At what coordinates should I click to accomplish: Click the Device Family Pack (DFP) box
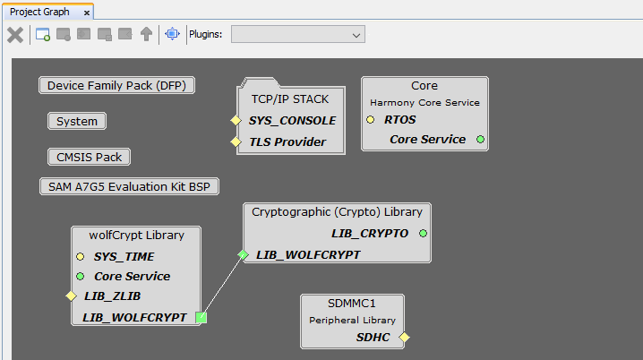click(x=117, y=85)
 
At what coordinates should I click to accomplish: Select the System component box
click(x=77, y=121)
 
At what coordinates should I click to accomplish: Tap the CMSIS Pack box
click(x=89, y=157)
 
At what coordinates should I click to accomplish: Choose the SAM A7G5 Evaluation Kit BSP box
click(x=129, y=186)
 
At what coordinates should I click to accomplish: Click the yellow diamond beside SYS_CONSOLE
click(x=236, y=121)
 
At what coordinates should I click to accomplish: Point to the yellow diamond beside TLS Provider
click(x=236, y=141)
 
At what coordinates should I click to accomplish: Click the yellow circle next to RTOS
click(x=370, y=120)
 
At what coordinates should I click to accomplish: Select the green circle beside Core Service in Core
click(x=480, y=140)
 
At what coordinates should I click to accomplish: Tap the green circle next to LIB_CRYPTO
click(x=423, y=234)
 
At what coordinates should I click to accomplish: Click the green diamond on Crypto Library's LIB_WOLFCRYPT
click(x=244, y=255)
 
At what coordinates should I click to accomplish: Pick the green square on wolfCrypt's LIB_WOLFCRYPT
click(x=201, y=317)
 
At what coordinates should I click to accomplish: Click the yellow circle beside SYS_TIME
click(x=80, y=257)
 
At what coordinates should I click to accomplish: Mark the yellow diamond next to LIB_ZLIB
click(x=71, y=296)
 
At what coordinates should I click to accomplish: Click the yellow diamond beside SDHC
click(x=404, y=337)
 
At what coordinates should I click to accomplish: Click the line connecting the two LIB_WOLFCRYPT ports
click(x=222, y=287)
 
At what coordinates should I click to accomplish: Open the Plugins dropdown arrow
click(x=356, y=35)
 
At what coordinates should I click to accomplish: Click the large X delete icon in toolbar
click(x=15, y=35)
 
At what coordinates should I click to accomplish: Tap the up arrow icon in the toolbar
click(x=146, y=34)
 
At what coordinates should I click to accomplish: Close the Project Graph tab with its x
click(x=87, y=13)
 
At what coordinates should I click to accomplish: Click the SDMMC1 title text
click(x=351, y=304)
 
